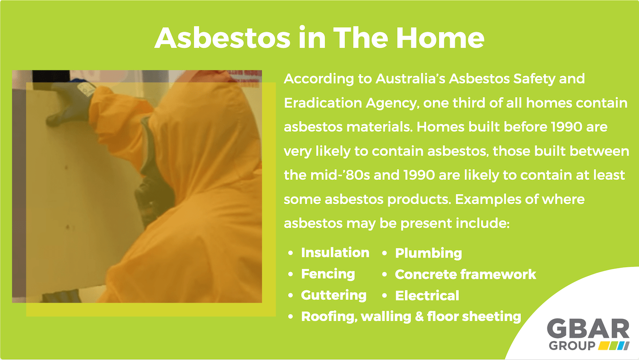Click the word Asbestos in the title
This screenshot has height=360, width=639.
point(222,38)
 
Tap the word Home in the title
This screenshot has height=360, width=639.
point(440,38)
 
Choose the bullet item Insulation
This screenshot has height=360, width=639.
point(335,253)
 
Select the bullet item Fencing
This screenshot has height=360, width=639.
point(328,274)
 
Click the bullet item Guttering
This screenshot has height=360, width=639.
point(334,295)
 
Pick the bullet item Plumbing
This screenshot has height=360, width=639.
point(428,253)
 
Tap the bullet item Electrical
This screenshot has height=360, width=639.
point(427,296)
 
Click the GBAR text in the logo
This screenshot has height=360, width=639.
point(588,329)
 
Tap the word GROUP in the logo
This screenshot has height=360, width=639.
point(572,346)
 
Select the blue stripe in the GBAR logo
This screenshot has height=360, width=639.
point(624,346)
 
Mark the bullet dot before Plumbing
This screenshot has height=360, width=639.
point(384,253)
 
